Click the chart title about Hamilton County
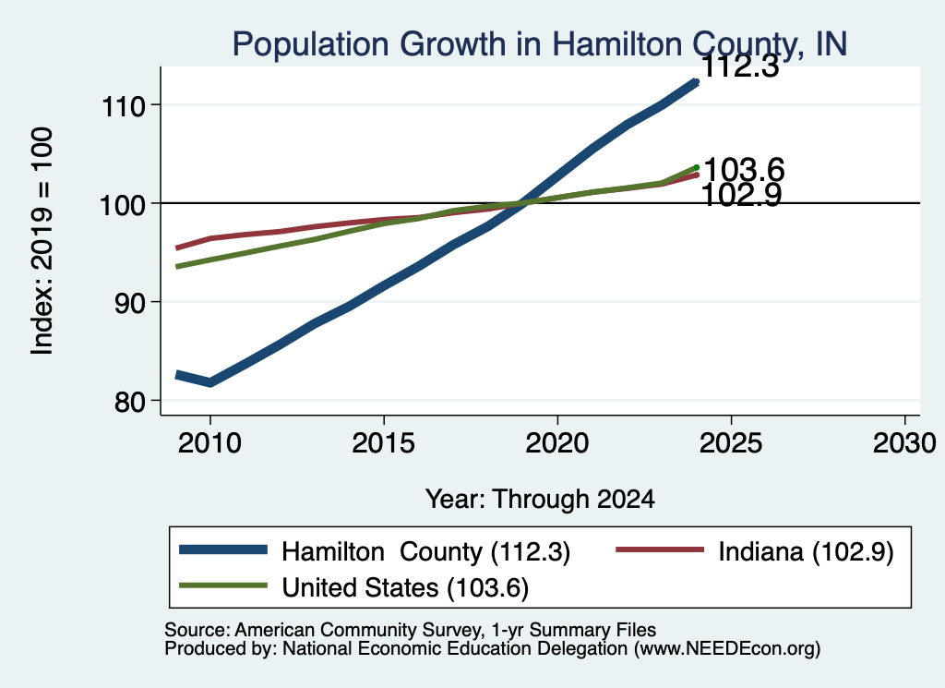[539, 44]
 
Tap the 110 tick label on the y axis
[124, 107]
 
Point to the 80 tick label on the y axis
[130, 402]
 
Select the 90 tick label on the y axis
[130, 303]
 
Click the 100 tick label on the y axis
[123, 205]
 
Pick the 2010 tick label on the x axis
[209, 443]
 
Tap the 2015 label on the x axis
[383, 443]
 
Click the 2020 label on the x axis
[556, 443]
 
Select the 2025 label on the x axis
[731, 443]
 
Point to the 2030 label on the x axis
[904, 443]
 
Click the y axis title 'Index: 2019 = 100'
[42, 241]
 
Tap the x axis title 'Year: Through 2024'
[540, 500]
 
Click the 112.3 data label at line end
[741, 66]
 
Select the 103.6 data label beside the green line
[744, 169]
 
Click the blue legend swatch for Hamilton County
[223, 549]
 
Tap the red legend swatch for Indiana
[659, 549]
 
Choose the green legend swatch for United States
[223, 585]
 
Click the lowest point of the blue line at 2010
[209, 382]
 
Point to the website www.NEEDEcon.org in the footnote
[727, 649]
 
